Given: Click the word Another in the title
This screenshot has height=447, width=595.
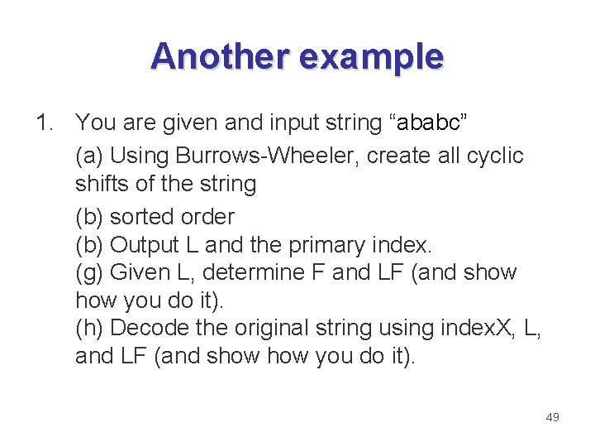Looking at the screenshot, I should click(x=220, y=56).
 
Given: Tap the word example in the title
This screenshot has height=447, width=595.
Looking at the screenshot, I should click(x=371, y=56).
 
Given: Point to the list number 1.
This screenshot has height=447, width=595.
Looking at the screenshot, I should click(x=44, y=123).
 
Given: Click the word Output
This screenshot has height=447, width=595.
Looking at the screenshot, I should click(x=145, y=245).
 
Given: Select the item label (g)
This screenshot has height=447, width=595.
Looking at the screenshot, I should click(x=89, y=272).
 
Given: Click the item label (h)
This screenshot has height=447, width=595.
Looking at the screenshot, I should click(x=89, y=328).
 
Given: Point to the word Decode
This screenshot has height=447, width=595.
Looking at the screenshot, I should click(x=150, y=328).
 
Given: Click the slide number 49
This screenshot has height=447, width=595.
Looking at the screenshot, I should click(x=552, y=417).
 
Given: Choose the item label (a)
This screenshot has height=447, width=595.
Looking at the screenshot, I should click(x=89, y=156).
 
